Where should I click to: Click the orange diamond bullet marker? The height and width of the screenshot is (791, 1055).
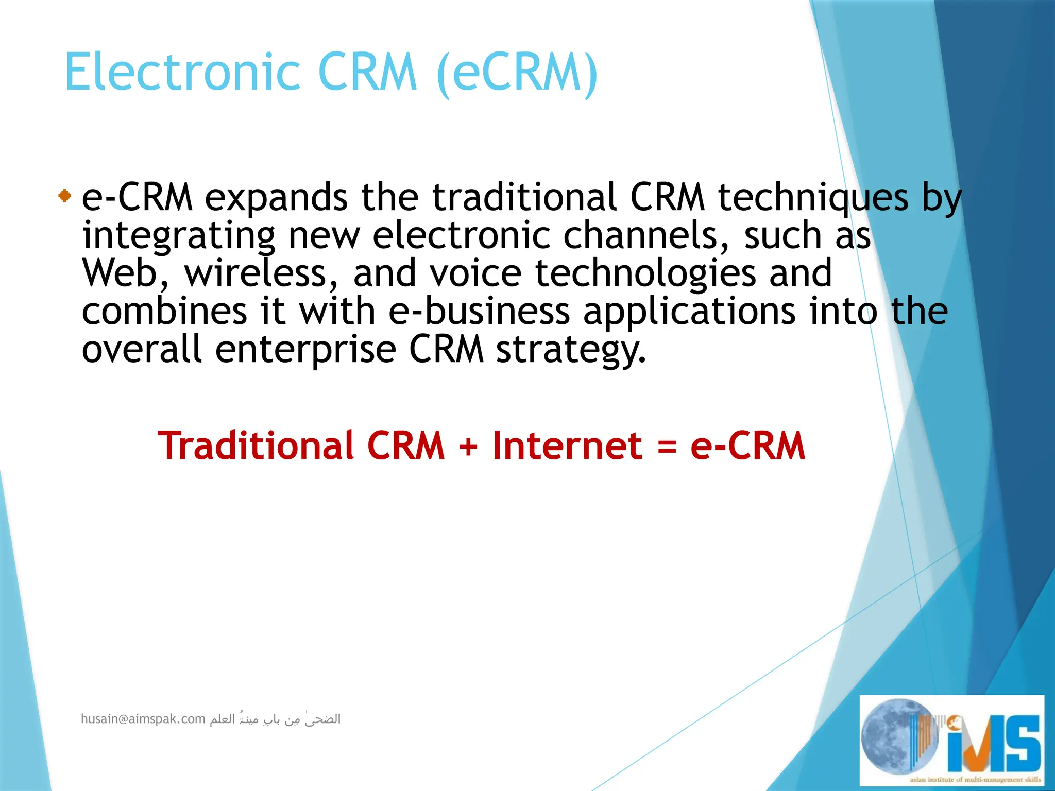(x=64, y=196)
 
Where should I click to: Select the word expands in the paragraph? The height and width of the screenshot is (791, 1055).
(x=276, y=198)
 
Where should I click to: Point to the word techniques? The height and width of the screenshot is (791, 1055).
(x=813, y=198)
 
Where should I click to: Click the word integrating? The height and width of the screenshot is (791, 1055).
(x=179, y=236)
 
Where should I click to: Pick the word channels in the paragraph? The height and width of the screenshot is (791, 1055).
(x=646, y=235)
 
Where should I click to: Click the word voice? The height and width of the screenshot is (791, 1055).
(x=475, y=273)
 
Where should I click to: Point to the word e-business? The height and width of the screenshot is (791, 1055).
(x=479, y=312)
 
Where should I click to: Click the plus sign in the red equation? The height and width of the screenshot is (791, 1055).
(x=468, y=446)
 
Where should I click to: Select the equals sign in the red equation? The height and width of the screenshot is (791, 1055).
(x=667, y=446)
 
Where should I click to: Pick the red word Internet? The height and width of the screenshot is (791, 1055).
(x=567, y=445)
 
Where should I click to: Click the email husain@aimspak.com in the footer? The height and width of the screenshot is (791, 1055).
(x=143, y=719)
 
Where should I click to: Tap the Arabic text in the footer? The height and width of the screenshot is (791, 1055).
(x=275, y=719)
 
